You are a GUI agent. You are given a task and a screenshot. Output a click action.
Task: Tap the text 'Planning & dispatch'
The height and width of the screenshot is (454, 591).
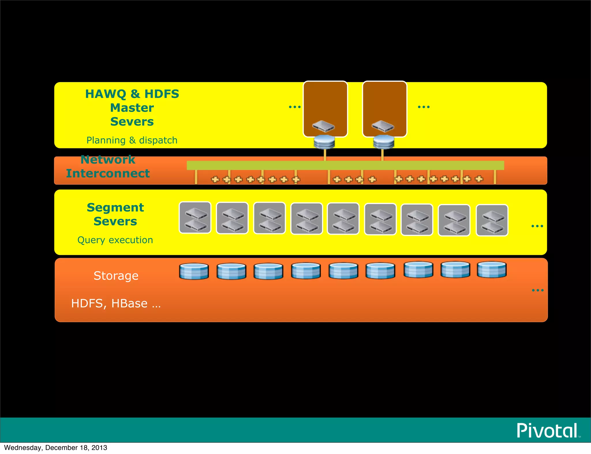(132, 140)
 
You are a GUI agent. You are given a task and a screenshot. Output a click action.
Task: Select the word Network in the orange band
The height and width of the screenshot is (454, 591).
(108, 160)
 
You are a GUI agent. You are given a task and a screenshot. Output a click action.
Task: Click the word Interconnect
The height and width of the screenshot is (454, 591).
(108, 173)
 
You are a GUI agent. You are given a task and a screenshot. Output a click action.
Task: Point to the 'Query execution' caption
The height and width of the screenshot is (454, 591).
(115, 240)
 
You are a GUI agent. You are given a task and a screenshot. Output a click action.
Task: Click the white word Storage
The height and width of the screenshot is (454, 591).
(116, 276)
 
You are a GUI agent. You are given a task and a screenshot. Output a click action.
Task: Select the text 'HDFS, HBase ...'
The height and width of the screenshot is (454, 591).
(116, 303)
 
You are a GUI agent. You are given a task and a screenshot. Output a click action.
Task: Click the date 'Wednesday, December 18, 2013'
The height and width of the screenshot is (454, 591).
(56, 448)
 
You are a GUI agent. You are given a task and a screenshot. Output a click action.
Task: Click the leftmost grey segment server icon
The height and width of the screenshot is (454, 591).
(195, 217)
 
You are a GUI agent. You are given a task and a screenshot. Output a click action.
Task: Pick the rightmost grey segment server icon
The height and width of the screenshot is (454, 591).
(492, 220)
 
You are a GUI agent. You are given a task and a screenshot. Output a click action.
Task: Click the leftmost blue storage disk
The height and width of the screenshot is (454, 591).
(194, 271)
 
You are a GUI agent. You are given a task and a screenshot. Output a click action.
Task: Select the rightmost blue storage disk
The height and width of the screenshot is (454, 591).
(492, 269)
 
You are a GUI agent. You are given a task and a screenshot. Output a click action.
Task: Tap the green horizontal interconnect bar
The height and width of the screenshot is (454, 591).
(345, 165)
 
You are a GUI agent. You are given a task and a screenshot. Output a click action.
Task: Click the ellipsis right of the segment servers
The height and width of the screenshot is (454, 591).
(537, 226)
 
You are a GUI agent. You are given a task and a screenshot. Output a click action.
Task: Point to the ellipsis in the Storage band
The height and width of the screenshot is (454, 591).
(538, 290)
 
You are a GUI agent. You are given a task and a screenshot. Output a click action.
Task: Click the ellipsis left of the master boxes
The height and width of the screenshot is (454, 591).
(295, 107)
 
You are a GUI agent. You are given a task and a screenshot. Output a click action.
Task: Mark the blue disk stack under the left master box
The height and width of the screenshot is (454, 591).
(324, 142)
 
